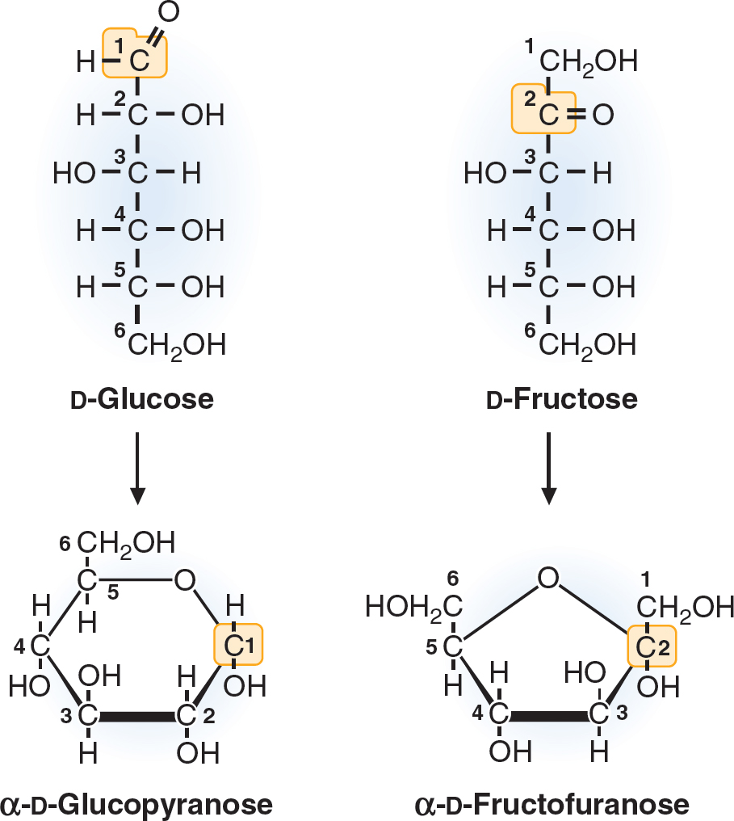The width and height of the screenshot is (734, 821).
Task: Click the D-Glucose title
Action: click(141, 399)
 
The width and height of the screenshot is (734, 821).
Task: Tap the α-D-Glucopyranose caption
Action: click(136, 804)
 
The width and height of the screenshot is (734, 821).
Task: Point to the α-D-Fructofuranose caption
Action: click(552, 804)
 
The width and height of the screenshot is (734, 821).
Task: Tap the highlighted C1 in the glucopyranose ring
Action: click(238, 645)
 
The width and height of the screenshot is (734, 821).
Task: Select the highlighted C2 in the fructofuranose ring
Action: click(652, 646)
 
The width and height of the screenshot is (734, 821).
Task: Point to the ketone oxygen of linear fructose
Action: click(602, 116)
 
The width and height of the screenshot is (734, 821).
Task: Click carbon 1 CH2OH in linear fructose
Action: click(589, 61)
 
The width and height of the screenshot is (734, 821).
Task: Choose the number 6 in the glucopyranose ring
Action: click(65, 544)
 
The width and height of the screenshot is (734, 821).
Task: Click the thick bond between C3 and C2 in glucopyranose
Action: click(137, 716)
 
